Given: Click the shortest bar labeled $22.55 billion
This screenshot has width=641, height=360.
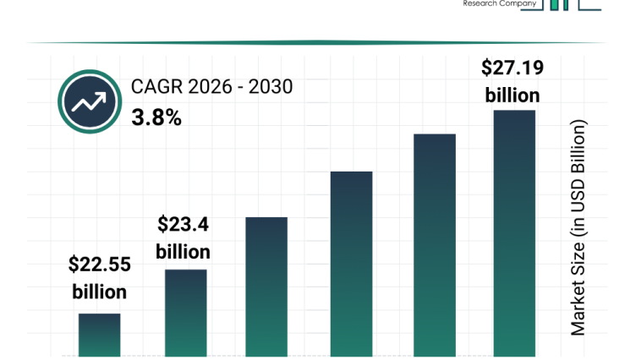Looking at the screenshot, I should pyautogui.click(x=100, y=335).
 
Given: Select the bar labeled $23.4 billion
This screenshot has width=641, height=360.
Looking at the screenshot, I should pyautogui.click(x=185, y=313).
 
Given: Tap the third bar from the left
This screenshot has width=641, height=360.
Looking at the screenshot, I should pyautogui.click(x=266, y=286).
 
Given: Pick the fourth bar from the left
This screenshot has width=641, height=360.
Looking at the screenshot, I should pyautogui.click(x=351, y=264).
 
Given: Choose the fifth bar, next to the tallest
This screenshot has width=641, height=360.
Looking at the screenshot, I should pyautogui.click(x=435, y=245).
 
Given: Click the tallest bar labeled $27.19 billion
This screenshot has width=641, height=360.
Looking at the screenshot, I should pyautogui.click(x=514, y=233).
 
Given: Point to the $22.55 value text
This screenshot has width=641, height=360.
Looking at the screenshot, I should pyautogui.click(x=100, y=265).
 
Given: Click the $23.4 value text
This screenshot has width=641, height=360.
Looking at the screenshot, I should pyautogui.click(x=183, y=225).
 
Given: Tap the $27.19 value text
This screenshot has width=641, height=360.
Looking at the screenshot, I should pyautogui.click(x=512, y=67).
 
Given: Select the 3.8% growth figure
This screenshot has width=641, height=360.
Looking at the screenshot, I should pyautogui.click(x=156, y=118).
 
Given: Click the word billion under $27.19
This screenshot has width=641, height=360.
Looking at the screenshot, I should pyautogui.click(x=512, y=95).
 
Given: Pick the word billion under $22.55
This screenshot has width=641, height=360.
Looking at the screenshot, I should pyautogui.click(x=100, y=292).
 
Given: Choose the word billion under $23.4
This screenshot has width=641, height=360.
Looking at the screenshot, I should pyautogui.click(x=183, y=252).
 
